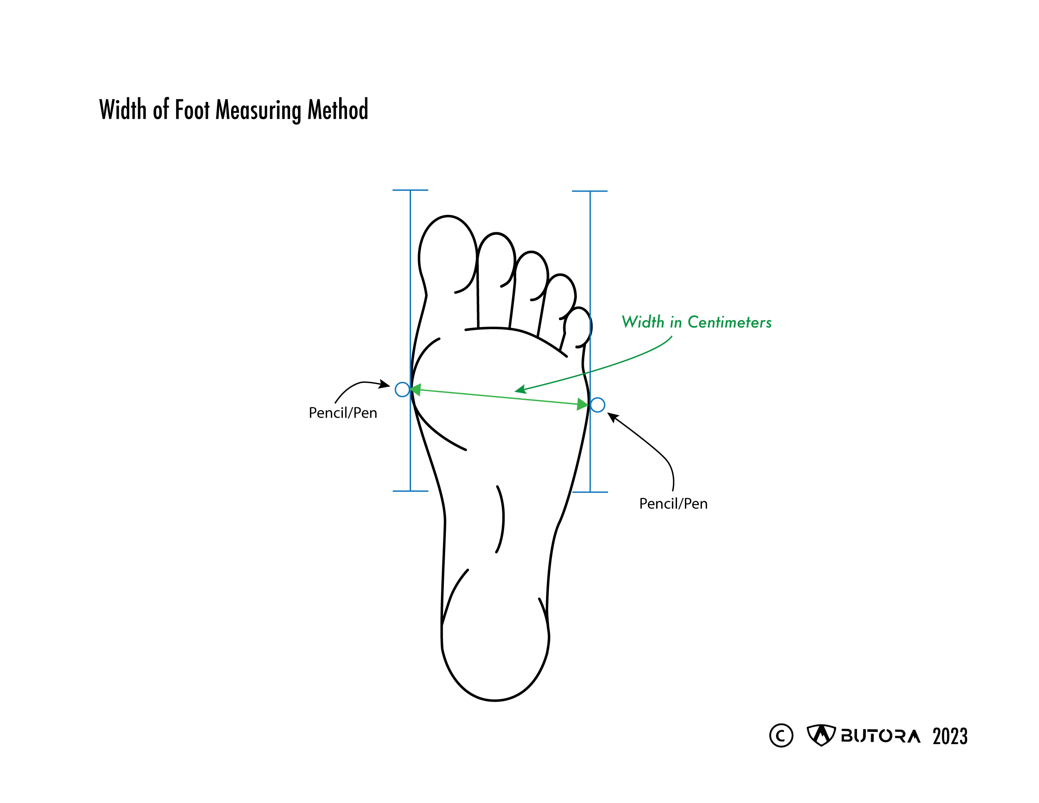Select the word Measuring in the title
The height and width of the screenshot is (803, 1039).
259,111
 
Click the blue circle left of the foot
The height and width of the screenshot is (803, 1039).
402,389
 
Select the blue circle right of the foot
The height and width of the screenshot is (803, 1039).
598,405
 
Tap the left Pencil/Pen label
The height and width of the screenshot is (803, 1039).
342,413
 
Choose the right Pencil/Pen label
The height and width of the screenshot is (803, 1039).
673,504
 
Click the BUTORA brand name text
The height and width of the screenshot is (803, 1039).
880,736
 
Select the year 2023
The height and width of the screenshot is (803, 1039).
950,736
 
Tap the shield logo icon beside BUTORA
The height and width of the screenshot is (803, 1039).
821,735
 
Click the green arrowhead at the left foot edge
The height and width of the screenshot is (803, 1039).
415,390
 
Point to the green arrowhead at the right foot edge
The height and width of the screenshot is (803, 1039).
582,404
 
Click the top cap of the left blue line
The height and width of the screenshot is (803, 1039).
410,190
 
